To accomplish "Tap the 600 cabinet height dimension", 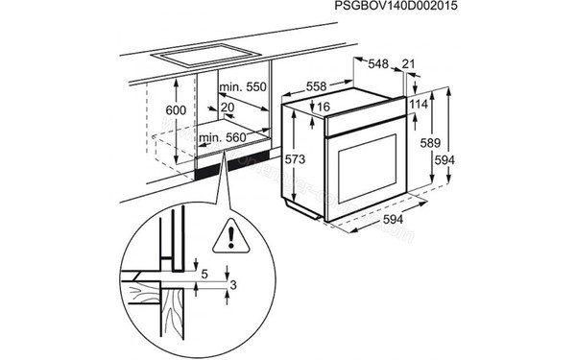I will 176,110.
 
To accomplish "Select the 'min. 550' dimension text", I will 243,86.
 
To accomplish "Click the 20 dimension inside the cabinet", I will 227,107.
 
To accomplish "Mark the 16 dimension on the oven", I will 324,107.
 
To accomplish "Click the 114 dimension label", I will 418,104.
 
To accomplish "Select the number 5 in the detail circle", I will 204,272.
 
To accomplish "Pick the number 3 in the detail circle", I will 235,284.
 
